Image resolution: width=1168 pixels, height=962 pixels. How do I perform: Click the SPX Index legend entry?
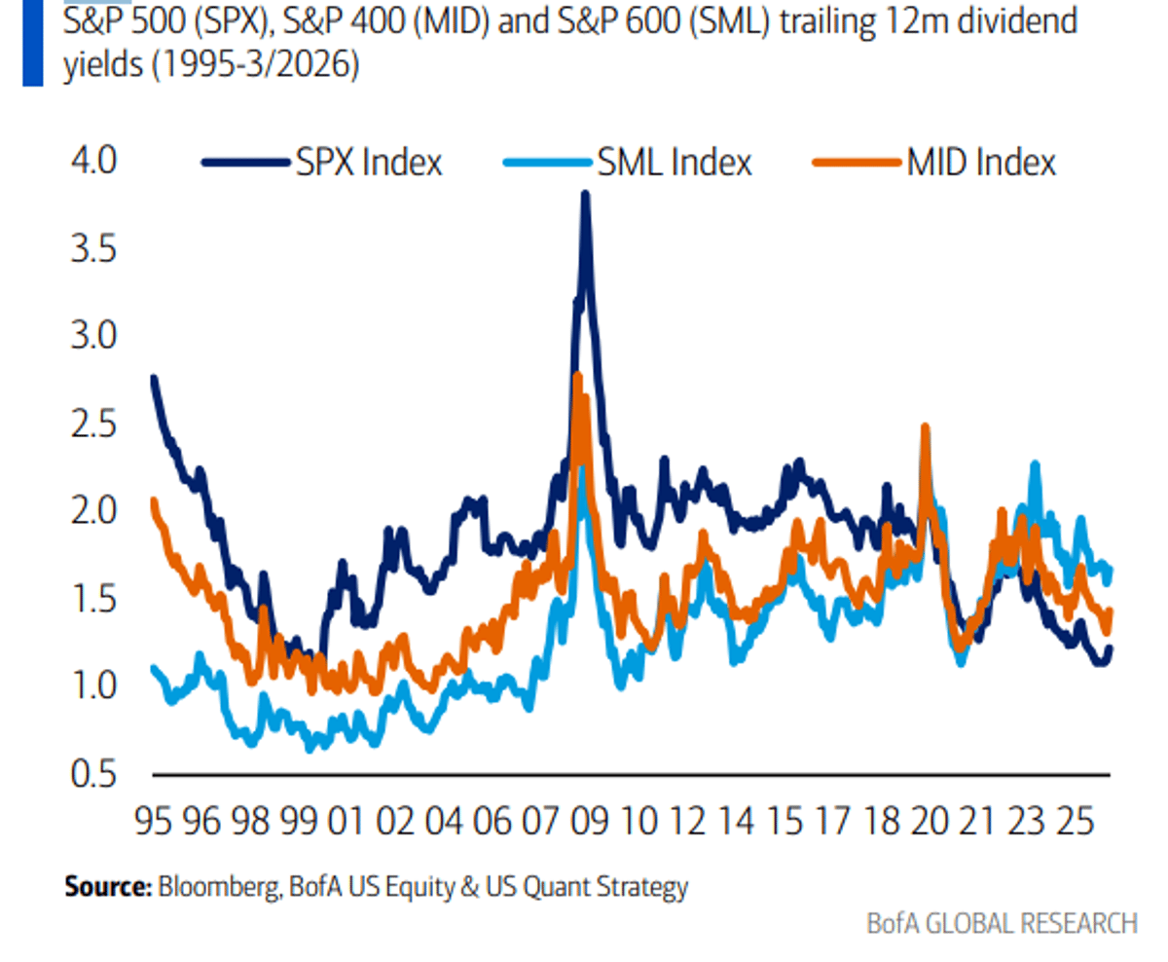pyautogui.click(x=322, y=163)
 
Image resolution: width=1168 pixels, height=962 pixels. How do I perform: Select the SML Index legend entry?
pyautogui.click(x=629, y=163)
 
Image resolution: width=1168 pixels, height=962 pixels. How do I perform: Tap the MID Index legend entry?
pyautogui.click(x=935, y=163)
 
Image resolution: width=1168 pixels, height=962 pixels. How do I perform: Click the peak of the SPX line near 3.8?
pyautogui.click(x=585, y=194)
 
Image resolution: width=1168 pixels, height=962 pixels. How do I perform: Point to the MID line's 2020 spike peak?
pyautogui.click(x=925, y=426)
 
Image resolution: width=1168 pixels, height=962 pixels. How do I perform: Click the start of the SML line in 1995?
pyautogui.click(x=154, y=668)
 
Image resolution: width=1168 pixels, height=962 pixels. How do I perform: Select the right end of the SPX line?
pyautogui.click(x=1110, y=648)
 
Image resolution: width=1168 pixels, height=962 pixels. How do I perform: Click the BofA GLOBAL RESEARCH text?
pyautogui.click(x=1002, y=922)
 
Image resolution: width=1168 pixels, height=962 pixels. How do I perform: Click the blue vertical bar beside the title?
pyautogui.click(x=33, y=43)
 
